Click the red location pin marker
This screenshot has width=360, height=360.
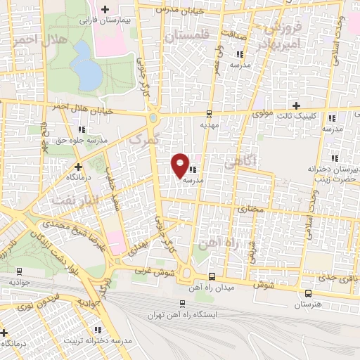pyautogui.click(x=181, y=165)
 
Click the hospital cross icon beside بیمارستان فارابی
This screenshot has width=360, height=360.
pyautogui.click(x=105, y=9)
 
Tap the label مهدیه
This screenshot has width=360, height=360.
pyautogui.click(x=210, y=124)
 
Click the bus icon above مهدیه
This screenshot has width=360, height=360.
pyautogui.click(x=209, y=113)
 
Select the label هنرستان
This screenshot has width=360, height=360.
pyautogui.click(x=307, y=304)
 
